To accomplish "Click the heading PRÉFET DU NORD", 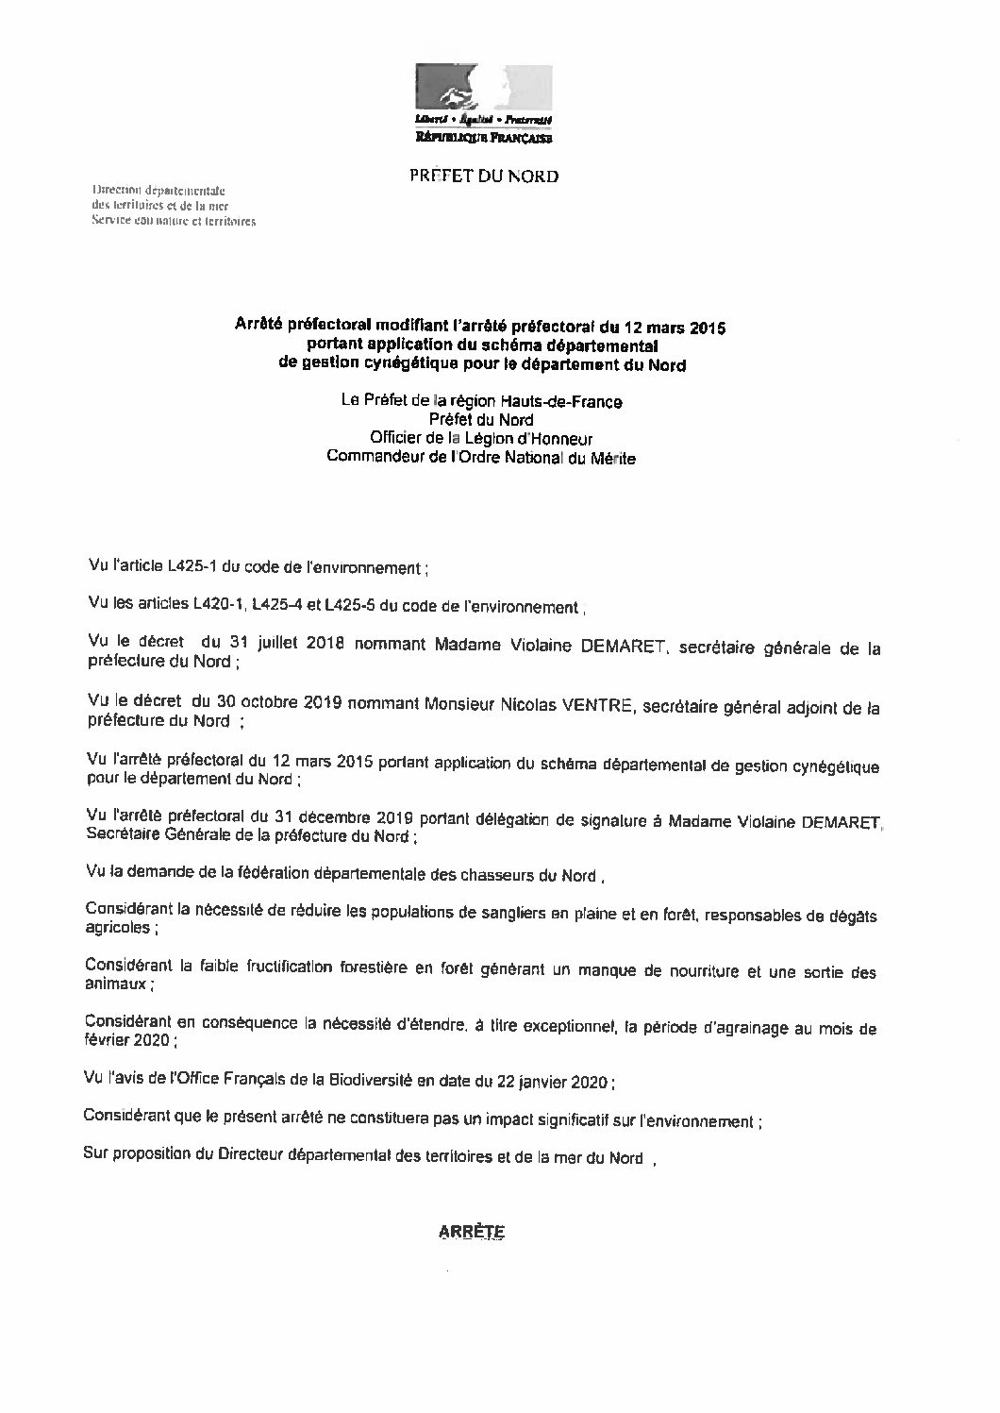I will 483,176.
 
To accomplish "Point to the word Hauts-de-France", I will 572,402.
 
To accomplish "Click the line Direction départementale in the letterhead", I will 157,189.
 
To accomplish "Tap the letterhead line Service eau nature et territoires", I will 174,222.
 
